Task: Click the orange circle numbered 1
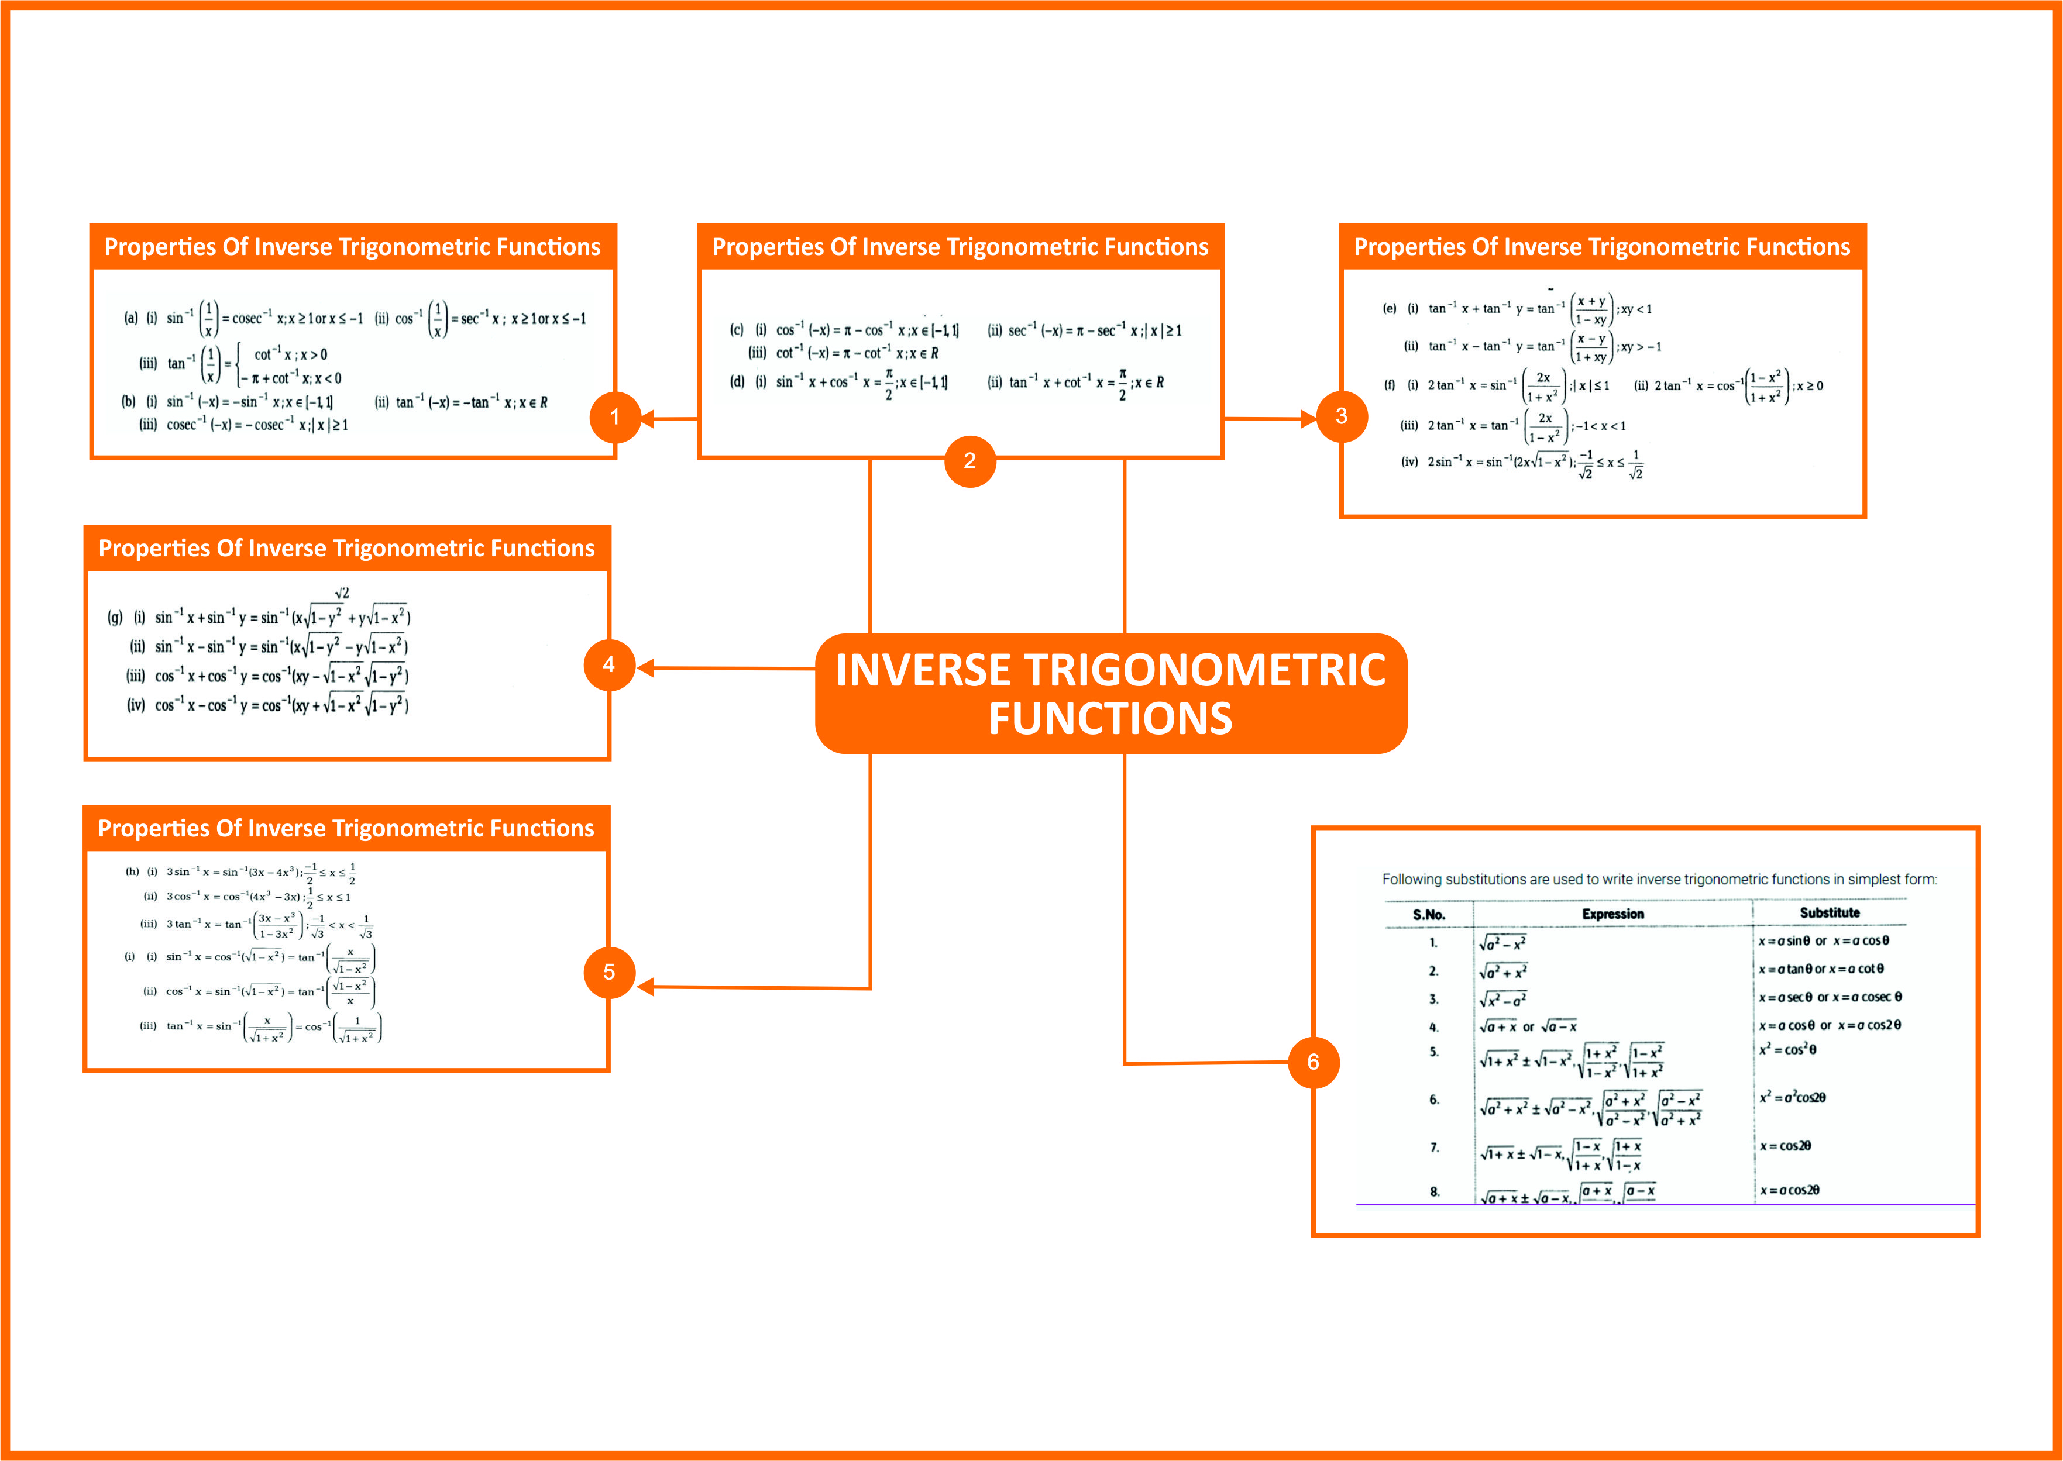(614, 416)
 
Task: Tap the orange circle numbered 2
(969, 461)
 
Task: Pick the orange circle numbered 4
(609, 665)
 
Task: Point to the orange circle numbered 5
(609, 973)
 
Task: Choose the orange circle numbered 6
(1313, 1063)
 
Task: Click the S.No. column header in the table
(1429, 915)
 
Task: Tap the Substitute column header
(1829, 913)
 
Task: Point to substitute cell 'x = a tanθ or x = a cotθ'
(1820, 969)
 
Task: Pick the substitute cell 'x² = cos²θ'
(1787, 1050)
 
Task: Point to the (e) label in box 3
(1389, 309)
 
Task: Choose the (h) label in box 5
(132, 871)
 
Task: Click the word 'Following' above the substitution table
(1411, 880)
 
